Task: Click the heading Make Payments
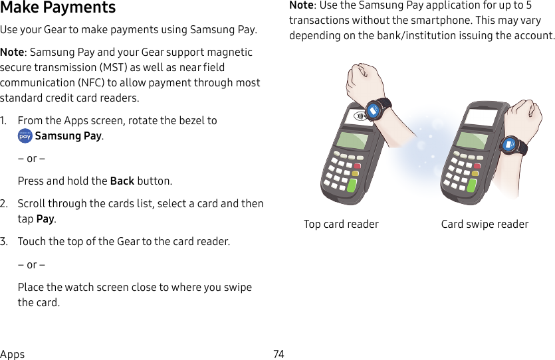58,8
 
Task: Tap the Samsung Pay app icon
25,136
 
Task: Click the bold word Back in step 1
122,181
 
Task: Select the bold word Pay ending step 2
45,219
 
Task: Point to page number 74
278,354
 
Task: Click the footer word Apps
13,354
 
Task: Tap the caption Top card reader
341,225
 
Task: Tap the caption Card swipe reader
485,225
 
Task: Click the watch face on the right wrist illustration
510,144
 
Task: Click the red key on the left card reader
357,166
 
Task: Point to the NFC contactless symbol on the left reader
360,116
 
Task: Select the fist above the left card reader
362,80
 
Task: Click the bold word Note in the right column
301,5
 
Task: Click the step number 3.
4,241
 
